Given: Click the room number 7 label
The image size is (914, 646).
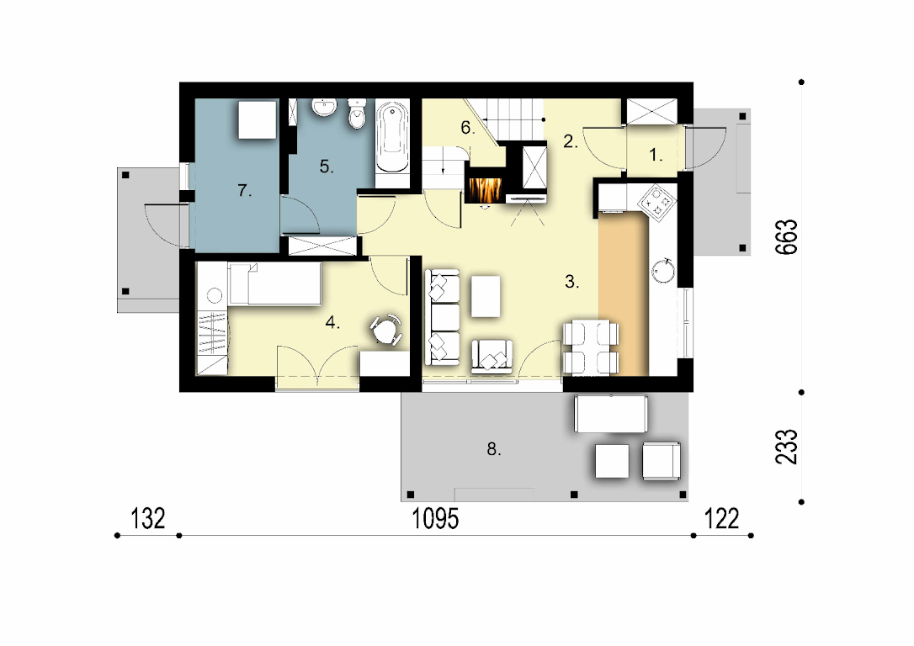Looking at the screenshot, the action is pyautogui.click(x=245, y=190).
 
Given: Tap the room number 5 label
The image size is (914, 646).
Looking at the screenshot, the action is pyautogui.click(x=327, y=167).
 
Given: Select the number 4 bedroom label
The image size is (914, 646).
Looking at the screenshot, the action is pyautogui.click(x=332, y=322).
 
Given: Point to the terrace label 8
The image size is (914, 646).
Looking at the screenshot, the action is pyautogui.click(x=494, y=449).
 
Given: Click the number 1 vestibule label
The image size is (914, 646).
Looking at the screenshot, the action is pyautogui.click(x=656, y=155).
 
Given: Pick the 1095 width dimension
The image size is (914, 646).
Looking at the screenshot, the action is pyautogui.click(x=435, y=518).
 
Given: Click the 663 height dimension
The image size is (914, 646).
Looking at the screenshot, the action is pyautogui.click(x=786, y=236).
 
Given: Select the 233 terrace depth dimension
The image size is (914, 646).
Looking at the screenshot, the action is pyautogui.click(x=786, y=447).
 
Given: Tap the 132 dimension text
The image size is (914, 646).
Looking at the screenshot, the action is pyautogui.click(x=148, y=518).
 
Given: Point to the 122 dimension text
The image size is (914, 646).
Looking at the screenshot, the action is pyautogui.click(x=721, y=518).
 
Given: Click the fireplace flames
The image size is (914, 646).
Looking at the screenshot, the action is pyautogui.click(x=484, y=189).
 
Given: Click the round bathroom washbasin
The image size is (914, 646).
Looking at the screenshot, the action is pyautogui.click(x=323, y=107).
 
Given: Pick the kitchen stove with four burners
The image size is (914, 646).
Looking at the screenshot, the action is pyautogui.click(x=657, y=204).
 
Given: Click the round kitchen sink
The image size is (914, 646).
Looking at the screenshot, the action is pyautogui.click(x=663, y=271).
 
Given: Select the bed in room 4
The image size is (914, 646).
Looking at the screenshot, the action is pyautogui.click(x=274, y=283).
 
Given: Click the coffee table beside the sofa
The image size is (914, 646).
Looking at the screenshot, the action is pyautogui.click(x=486, y=296).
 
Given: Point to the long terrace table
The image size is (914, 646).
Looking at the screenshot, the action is pyautogui.click(x=610, y=414).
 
